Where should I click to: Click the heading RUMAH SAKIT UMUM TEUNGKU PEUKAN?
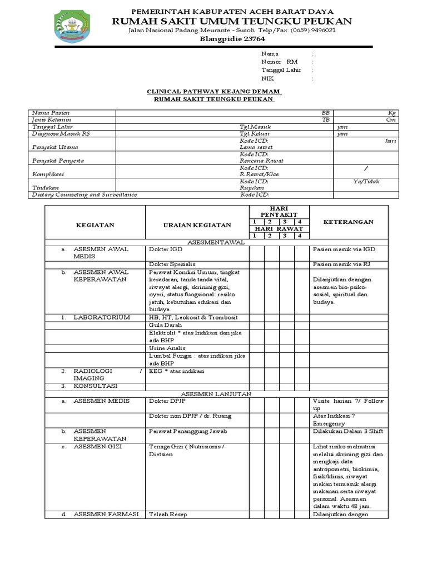(232, 21)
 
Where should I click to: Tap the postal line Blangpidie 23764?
(232, 39)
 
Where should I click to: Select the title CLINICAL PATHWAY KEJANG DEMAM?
(213, 91)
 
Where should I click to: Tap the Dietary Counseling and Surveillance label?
(85, 194)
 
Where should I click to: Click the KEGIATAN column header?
(95, 224)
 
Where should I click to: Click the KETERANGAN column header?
(349, 222)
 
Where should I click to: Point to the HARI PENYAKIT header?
(279, 211)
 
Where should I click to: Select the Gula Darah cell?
(165, 325)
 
